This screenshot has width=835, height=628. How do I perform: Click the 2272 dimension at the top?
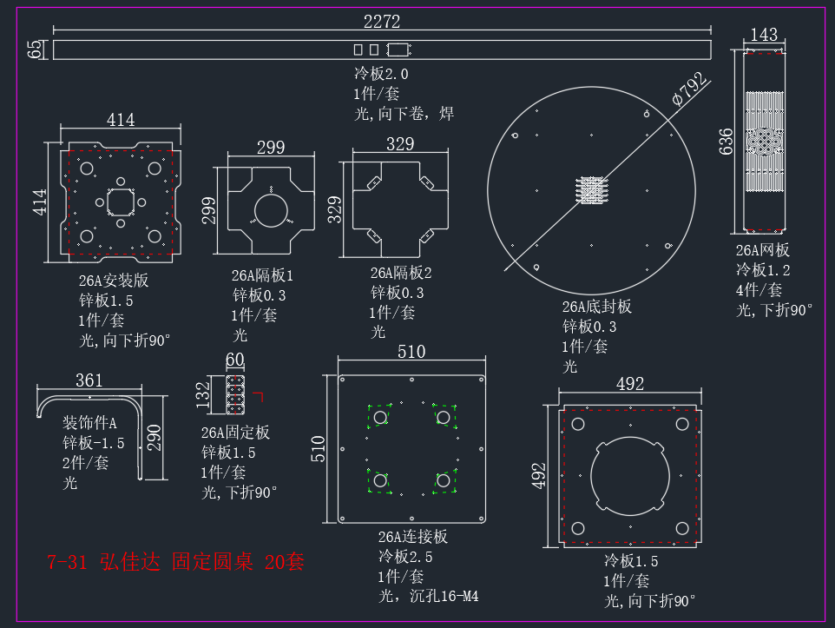(382, 22)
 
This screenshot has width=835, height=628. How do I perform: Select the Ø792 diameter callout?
(690, 89)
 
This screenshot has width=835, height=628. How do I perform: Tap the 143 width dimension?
(764, 35)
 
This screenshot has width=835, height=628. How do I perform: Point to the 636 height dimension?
(726, 142)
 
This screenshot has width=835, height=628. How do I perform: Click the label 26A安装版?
(114, 281)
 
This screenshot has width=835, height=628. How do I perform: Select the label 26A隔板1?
(262, 275)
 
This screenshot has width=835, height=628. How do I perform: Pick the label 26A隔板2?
(401, 273)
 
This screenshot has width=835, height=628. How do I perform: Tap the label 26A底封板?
(597, 307)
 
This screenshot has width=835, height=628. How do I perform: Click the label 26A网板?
(763, 250)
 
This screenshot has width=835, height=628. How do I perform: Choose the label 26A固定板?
(235, 433)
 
